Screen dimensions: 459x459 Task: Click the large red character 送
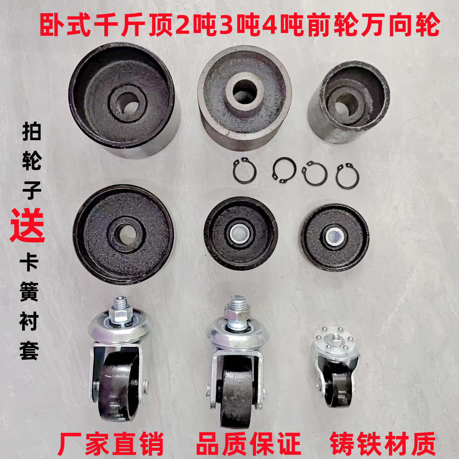click(x=28, y=226)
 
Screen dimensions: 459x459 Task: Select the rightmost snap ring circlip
click(x=347, y=176)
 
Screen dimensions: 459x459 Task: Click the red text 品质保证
click(x=249, y=444)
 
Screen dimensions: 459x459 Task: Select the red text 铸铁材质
click(x=383, y=444)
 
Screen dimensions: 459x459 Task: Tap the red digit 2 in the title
click(x=183, y=25)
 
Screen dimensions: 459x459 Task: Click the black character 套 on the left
click(x=29, y=350)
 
